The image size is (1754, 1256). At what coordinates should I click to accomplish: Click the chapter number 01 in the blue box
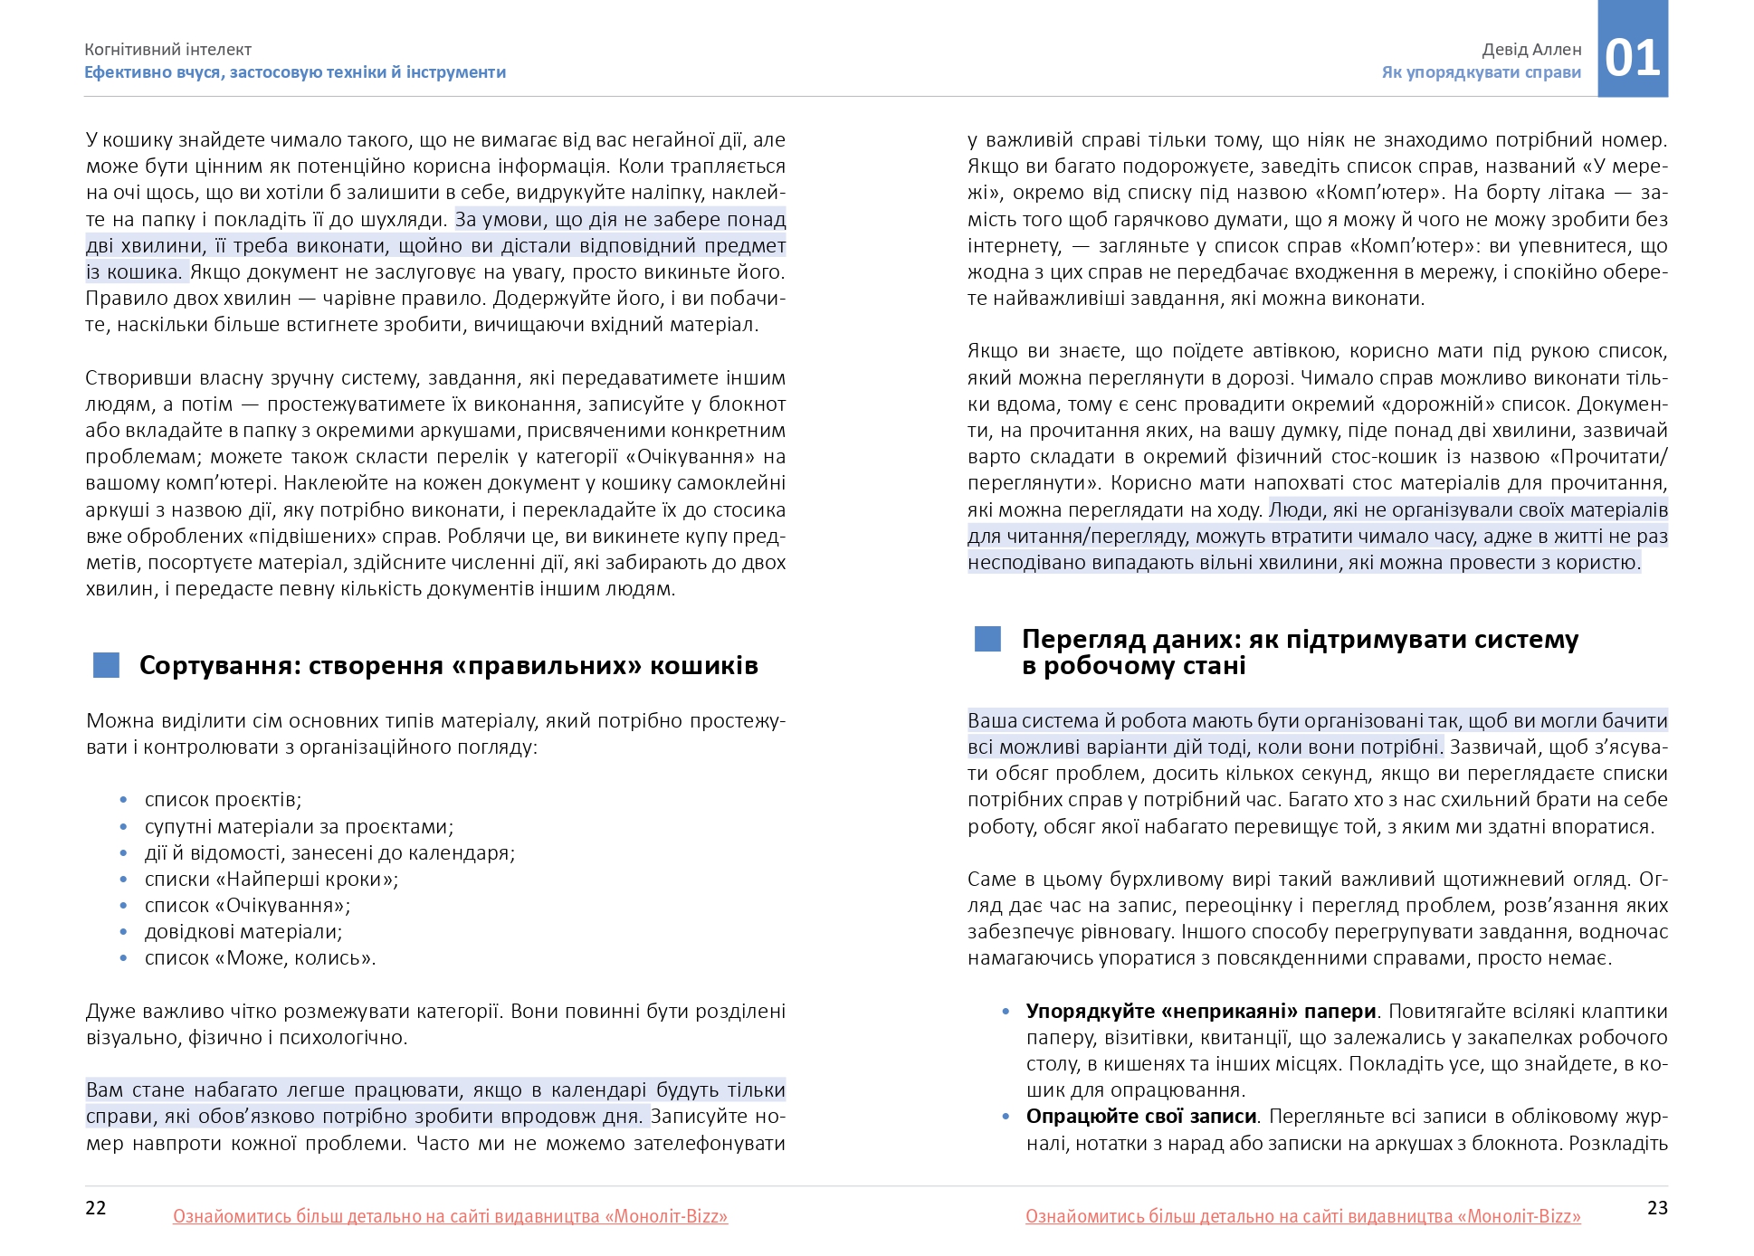pos(1632,58)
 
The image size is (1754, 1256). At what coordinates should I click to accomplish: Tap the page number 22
pos(96,1208)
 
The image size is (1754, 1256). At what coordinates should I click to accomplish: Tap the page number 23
pos(1656,1208)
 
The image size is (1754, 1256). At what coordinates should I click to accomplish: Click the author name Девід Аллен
pos(1531,50)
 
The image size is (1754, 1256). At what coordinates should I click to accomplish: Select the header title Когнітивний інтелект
pos(168,50)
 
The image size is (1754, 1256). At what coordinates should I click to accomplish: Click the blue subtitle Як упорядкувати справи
pos(1481,72)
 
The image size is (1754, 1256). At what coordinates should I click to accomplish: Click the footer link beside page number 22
pos(450,1217)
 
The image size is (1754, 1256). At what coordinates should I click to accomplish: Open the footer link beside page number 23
pos(1302,1217)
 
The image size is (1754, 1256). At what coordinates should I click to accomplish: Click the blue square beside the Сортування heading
pos(107,665)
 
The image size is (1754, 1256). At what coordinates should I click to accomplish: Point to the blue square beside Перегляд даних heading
pos(987,639)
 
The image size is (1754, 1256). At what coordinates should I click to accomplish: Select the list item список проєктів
pos(223,800)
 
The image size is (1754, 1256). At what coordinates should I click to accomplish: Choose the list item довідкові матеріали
pos(243,931)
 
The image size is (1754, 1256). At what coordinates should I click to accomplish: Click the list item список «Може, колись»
pos(260,957)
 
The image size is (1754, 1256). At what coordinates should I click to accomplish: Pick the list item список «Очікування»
pos(247,905)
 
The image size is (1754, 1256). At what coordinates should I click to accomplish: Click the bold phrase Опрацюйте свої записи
pos(1141,1117)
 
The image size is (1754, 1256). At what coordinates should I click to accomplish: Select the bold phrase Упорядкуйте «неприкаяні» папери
pos(1201,1012)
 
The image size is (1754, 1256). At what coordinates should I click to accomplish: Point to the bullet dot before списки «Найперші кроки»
pos(125,880)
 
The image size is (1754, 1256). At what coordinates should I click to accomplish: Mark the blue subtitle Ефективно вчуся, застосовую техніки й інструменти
pos(295,72)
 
